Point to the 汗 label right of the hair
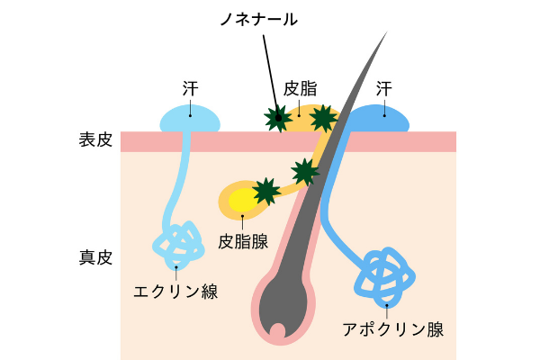385,88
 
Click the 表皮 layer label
94,141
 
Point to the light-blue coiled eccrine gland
177,242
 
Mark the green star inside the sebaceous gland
265,191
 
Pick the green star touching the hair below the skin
305,170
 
